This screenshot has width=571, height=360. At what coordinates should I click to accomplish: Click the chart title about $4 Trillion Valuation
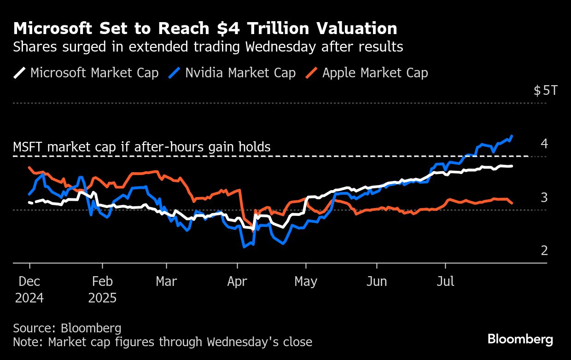pyautogui.click(x=205, y=29)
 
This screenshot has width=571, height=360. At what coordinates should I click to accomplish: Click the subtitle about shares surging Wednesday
pyautogui.click(x=208, y=47)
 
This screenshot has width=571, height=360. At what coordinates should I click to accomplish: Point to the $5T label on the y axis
pyautogui.click(x=545, y=90)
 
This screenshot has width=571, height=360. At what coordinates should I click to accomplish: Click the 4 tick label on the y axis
pyautogui.click(x=544, y=144)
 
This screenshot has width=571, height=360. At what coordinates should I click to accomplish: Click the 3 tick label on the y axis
pyautogui.click(x=544, y=197)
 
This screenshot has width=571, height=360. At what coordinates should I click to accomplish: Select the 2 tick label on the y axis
pyautogui.click(x=544, y=251)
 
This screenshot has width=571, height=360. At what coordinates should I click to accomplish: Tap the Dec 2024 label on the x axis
pyautogui.click(x=29, y=289)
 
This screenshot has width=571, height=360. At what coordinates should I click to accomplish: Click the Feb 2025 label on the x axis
pyautogui.click(x=102, y=289)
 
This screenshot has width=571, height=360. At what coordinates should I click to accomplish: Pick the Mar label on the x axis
pyautogui.click(x=166, y=281)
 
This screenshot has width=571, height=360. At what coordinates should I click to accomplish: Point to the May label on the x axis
pyautogui.click(x=306, y=281)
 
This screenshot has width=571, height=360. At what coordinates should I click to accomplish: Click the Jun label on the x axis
pyautogui.click(x=377, y=281)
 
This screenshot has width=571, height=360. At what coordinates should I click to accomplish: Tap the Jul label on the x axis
pyautogui.click(x=445, y=281)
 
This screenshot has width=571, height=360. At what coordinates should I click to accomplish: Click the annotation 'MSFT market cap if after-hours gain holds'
pyautogui.click(x=142, y=147)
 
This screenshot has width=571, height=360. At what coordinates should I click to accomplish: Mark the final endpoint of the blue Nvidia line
pyautogui.click(x=513, y=136)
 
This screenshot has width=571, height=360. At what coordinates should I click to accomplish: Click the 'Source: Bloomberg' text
pyautogui.click(x=67, y=328)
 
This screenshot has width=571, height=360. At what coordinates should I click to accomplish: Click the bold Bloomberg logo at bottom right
pyautogui.click(x=520, y=340)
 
